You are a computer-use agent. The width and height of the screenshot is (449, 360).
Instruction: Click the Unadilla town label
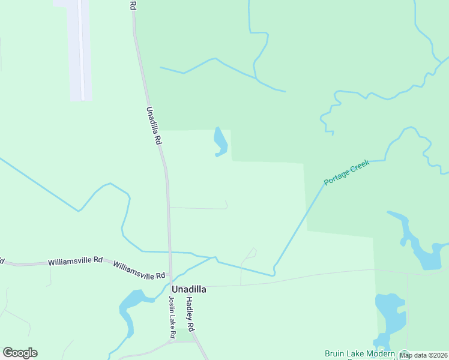(189, 289)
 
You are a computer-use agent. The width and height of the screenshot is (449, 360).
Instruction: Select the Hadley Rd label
(190, 314)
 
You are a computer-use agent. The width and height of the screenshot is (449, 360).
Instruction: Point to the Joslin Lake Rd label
(172, 316)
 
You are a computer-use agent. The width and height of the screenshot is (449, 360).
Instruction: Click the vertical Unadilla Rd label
(154, 125)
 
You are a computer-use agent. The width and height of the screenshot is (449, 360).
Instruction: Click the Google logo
(20, 353)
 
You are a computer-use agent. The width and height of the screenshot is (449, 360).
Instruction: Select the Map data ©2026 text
(423, 355)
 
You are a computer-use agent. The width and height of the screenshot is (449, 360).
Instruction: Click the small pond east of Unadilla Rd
(220, 142)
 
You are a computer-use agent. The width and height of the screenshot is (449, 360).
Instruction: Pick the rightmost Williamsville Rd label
(139, 271)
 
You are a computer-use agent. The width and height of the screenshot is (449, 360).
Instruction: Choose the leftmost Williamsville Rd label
(75, 262)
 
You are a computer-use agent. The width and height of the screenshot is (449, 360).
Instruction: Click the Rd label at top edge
(133, 5)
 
